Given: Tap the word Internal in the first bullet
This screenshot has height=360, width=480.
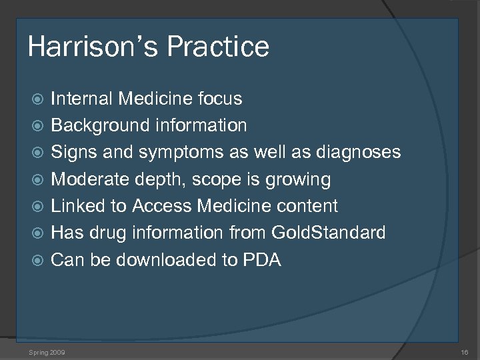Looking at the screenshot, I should pos(82,99).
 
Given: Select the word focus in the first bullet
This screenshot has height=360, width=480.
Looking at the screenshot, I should pos(220,99).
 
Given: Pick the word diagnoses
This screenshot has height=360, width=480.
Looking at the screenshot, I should pos(359,153).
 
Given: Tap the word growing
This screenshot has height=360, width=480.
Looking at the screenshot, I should pos(300,179).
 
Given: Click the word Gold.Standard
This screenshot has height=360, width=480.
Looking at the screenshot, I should pos(328,233).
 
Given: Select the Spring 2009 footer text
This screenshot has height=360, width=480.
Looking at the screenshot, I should pos(47,351).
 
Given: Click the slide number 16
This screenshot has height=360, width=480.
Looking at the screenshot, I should pos(465,351).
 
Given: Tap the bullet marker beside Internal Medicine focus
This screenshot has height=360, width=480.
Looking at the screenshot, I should pos(39,99).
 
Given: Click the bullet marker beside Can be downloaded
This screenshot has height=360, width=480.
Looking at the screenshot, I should pos(39,261).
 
